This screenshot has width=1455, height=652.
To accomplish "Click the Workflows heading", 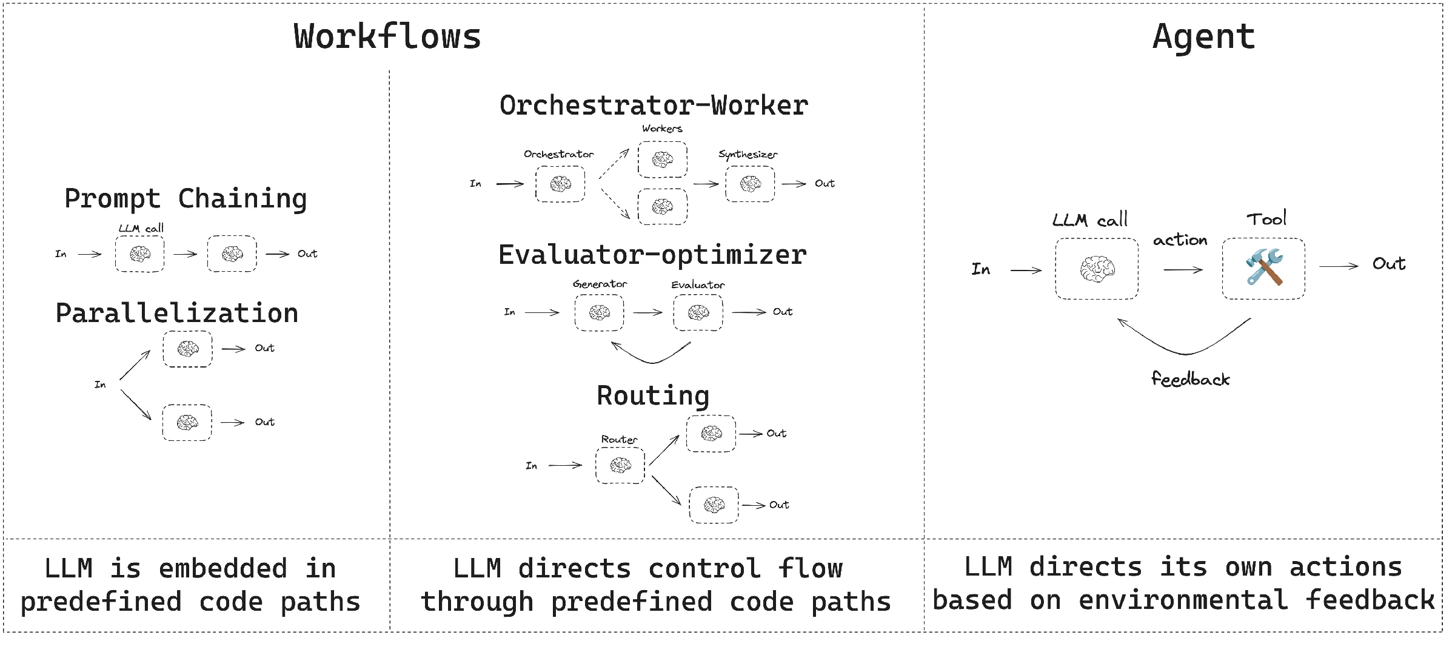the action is tap(387, 36).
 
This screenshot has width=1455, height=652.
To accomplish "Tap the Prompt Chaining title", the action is tap(186, 199).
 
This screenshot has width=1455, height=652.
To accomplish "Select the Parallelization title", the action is tap(177, 313).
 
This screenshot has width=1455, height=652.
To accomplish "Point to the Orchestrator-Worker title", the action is tap(654, 105).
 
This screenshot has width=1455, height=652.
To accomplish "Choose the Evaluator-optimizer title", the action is tap(652, 255).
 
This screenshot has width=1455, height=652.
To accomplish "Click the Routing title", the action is tap(653, 395).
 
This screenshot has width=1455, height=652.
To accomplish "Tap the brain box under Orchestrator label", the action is tap(560, 184).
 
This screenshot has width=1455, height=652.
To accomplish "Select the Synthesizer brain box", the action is tap(750, 184).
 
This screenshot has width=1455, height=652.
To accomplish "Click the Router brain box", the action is tap(620, 465).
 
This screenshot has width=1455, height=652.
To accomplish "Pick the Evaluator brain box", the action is tap(698, 312).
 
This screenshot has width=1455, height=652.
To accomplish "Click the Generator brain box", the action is tap(599, 312).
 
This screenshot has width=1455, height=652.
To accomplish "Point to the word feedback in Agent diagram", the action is tap(1191, 379).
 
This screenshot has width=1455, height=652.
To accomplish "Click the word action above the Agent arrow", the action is tap(1180, 240).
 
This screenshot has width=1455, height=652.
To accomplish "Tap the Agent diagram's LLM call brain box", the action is tap(1097, 268).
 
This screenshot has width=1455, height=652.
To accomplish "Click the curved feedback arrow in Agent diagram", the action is tap(1186, 354).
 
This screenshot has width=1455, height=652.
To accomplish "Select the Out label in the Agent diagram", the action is tap(1389, 264).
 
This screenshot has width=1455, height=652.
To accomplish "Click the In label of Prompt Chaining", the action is tap(61, 254).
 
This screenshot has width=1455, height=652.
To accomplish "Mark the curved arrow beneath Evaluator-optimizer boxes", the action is tap(652, 363).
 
